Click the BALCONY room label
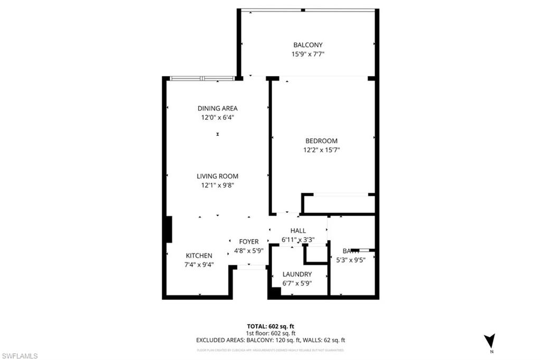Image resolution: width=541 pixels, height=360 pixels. [308, 45]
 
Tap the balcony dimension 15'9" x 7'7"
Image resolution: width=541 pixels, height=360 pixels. [308, 54]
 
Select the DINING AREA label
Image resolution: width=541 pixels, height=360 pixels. [217, 108]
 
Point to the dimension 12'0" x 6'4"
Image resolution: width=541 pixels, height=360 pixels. [217, 118]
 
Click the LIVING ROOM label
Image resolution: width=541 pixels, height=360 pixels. [217, 176]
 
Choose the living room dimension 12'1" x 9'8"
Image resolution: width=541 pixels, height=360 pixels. [217, 185]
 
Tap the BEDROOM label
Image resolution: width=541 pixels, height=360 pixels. [321, 141]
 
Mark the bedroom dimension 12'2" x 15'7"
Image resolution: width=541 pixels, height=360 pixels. [321, 150]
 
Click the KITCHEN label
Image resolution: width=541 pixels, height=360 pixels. [199, 255]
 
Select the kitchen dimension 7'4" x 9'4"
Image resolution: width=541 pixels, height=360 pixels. [199, 264]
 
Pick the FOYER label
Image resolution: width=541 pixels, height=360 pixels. [249, 242]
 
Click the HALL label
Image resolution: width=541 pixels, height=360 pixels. [298, 231]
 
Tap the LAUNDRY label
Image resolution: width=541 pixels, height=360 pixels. [297, 274]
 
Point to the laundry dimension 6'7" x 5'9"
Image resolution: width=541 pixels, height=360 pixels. [297, 283]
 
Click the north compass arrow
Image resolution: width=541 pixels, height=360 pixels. [490, 340]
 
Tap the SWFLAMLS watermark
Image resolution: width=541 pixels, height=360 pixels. [20, 356]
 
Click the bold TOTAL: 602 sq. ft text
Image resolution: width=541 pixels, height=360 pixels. [270, 326]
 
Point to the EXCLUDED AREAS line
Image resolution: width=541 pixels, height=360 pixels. [270, 340]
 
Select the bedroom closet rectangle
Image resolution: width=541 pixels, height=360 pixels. [338, 204]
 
